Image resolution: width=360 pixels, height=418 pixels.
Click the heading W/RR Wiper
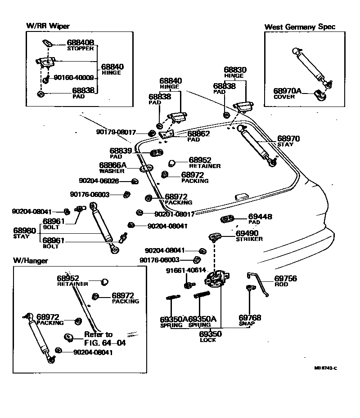point(48,27)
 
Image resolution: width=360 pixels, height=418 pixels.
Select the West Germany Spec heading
point(300,27)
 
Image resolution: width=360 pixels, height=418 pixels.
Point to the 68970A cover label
point(288,91)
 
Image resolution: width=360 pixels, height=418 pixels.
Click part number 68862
point(198,133)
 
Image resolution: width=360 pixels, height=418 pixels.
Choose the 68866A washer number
point(112,165)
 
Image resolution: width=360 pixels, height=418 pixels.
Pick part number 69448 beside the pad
point(261,217)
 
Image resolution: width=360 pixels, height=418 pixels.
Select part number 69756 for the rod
point(285,279)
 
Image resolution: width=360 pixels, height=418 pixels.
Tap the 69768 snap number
point(250,318)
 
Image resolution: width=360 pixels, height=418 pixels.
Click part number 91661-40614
point(186,270)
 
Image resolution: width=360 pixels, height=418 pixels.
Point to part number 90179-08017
point(116,132)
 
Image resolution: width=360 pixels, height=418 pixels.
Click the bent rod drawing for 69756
point(259,283)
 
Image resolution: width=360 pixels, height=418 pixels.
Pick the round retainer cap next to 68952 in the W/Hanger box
point(104,282)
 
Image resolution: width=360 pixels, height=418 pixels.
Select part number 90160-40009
point(74,77)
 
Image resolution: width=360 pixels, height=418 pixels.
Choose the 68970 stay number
point(288,138)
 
